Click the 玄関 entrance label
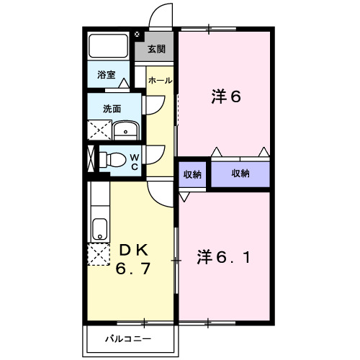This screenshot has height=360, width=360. (156, 49)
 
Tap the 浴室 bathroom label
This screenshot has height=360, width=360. (107, 74)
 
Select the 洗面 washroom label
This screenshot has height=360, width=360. (111, 109)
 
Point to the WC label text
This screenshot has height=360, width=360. (135, 161)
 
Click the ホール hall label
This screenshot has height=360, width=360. (159, 81)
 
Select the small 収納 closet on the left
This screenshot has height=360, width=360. (192, 174)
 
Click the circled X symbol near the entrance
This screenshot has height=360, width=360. (138, 33)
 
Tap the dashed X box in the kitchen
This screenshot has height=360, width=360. (98, 256)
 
